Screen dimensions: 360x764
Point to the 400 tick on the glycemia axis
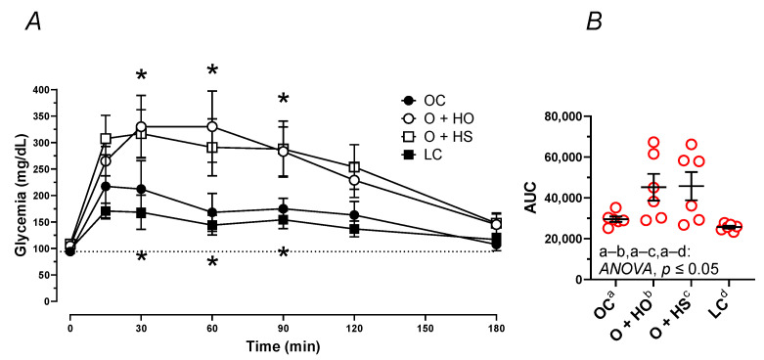[x=49, y=90]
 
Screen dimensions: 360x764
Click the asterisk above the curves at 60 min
[x=212, y=70]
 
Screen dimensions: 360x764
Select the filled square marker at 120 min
[x=355, y=229]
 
